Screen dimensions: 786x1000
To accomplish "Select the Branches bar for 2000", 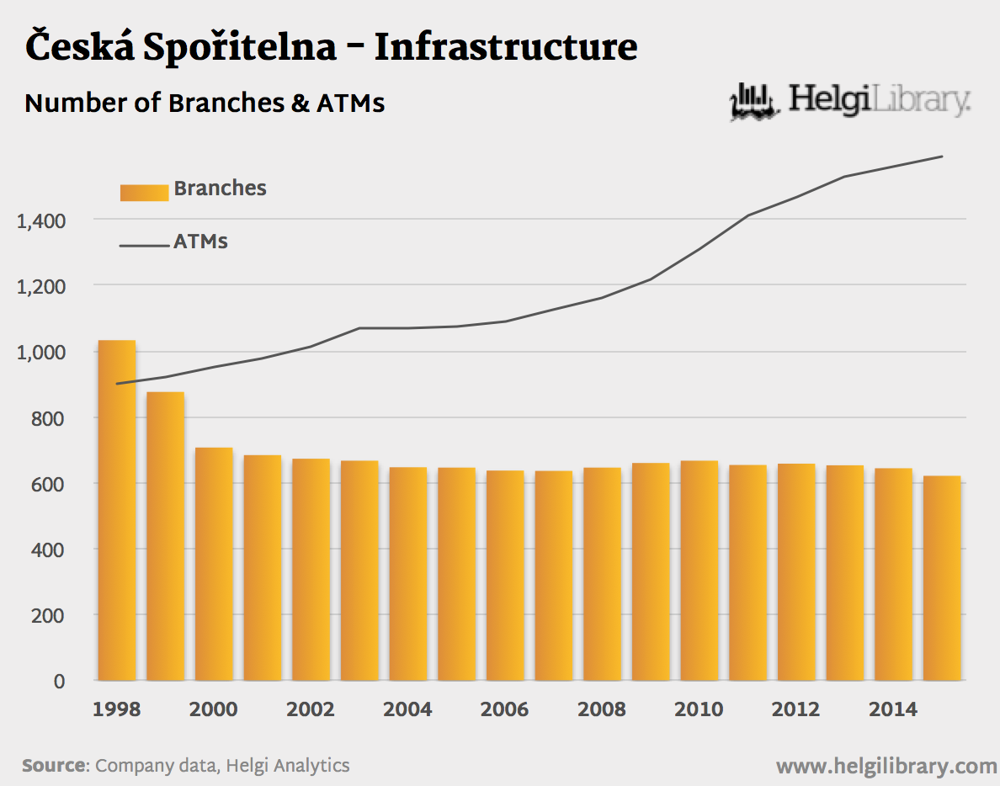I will [x=214, y=563].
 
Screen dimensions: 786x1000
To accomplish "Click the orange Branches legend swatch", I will [x=144, y=193].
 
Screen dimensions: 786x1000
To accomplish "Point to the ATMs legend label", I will [x=200, y=242].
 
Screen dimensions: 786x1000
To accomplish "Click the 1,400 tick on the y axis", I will [x=41, y=220].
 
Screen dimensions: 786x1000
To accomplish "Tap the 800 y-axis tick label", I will [x=48, y=418].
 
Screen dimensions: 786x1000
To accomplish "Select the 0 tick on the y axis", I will [x=59, y=682].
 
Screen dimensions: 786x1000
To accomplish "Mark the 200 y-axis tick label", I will [x=48, y=616].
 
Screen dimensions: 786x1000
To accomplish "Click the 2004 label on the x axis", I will [x=407, y=709].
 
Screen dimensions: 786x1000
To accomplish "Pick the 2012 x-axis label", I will [x=795, y=709].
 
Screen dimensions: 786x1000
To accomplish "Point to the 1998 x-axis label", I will [x=117, y=709].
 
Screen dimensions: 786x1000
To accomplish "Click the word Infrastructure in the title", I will [x=505, y=47].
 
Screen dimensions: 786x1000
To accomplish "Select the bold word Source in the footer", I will [x=54, y=766].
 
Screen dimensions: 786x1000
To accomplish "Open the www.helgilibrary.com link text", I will [x=886, y=767].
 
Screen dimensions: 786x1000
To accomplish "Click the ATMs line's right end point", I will [x=942, y=157].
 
